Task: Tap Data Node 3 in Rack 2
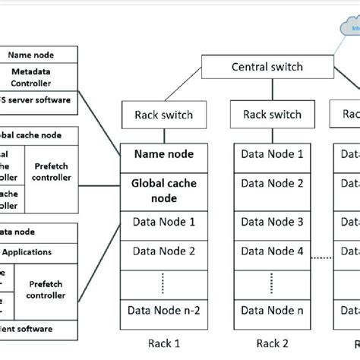click(x=271, y=222)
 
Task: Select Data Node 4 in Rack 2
click(x=271, y=251)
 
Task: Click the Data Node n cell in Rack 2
click(x=271, y=311)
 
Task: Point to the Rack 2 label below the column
click(x=271, y=343)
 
